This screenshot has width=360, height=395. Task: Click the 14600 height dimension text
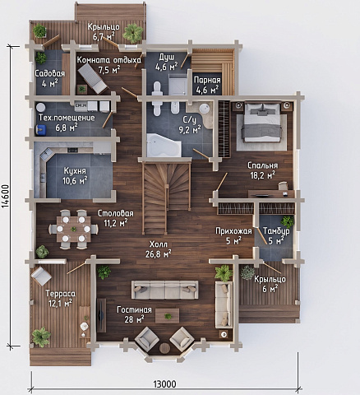[5, 196]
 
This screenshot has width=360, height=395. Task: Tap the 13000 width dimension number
[164, 384]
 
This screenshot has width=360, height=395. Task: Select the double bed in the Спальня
[262, 122]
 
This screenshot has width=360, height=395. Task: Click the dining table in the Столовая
[73, 229]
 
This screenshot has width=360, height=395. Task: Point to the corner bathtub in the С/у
[164, 145]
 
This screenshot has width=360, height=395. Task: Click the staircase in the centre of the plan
[167, 197]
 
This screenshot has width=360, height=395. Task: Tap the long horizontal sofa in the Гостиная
[165, 290]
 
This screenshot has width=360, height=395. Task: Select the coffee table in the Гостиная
[168, 316]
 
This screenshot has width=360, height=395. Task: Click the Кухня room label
[75, 171]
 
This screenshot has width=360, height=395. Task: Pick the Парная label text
[207, 80]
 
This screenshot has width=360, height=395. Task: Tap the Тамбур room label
[276, 231]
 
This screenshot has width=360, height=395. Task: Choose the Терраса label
[60, 294]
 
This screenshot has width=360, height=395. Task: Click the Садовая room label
[50, 73]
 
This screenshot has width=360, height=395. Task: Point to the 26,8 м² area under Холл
[159, 253]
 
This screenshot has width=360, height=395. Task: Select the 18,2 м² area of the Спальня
[263, 175]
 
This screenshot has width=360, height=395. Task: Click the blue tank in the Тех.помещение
[41, 129]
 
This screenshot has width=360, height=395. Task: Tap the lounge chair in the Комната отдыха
[92, 78]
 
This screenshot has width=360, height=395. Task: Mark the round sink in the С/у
[205, 109]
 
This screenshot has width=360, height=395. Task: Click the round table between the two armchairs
[164, 348]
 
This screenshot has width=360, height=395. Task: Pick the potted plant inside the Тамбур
[287, 221]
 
